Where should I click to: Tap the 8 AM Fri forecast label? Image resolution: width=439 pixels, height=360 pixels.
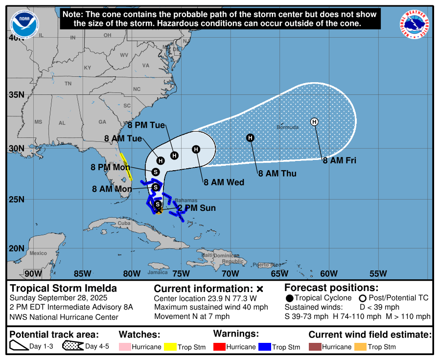pyautogui.click(x=339, y=160)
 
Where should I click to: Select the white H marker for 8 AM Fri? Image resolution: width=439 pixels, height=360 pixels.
pyautogui.click(x=314, y=122)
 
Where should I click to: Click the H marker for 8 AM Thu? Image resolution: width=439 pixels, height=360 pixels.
pyautogui.click(x=250, y=138)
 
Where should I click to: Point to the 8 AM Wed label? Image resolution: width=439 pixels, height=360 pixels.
pyautogui.click(x=224, y=182)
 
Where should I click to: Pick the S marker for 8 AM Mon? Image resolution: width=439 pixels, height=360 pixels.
pyautogui.click(x=155, y=187)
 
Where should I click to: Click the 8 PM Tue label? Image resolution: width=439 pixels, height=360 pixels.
pyautogui.click(x=146, y=125)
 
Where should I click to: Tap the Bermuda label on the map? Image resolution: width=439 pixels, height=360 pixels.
pyautogui.click(x=287, y=127)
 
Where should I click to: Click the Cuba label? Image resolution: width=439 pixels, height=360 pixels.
pyautogui.click(x=124, y=223)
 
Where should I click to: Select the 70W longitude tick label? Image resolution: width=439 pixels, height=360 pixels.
pyautogui.click(x=230, y=273)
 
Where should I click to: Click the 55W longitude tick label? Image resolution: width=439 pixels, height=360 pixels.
pyautogui.click(x=378, y=273)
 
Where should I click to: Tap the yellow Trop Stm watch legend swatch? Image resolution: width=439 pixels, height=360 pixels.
pyautogui.click(x=170, y=347)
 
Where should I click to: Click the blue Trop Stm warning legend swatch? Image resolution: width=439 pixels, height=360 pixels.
pyautogui.click(x=265, y=347)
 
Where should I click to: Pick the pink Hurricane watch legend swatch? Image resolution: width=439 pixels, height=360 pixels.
pyautogui.click(x=124, y=347)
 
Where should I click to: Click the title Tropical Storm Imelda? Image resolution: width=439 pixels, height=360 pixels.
pyautogui.click(x=64, y=288)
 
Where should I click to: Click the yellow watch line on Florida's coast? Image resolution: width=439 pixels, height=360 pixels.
pyautogui.click(x=126, y=167)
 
